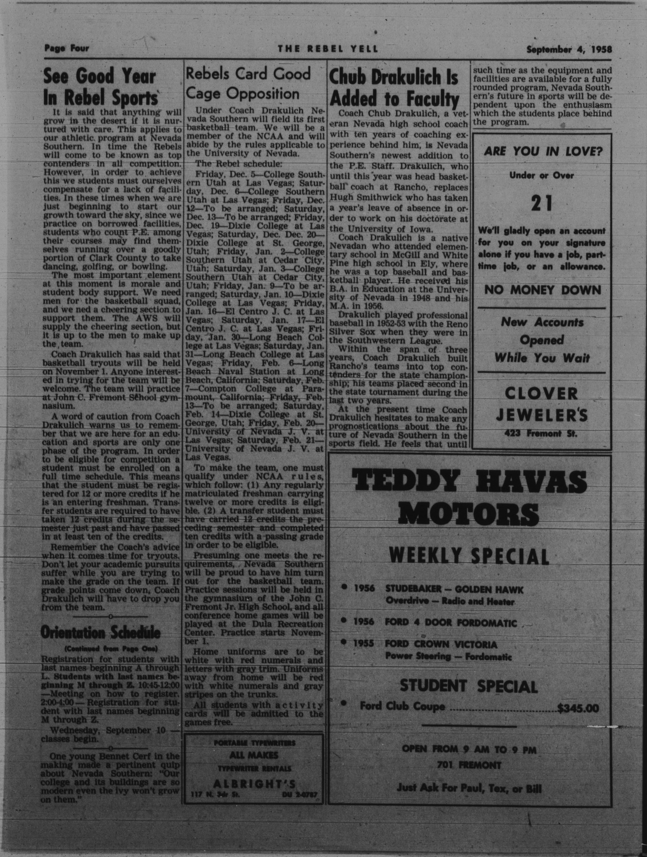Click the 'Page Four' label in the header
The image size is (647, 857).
[x=66, y=48]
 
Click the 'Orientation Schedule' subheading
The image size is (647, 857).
[x=100, y=633]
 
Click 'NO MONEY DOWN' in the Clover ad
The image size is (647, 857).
[x=543, y=290]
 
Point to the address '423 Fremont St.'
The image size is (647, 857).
[x=540, y=434]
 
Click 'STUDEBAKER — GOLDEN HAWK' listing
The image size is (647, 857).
[x=454, y=590]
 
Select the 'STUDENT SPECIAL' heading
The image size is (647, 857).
[x=468, y=687]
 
